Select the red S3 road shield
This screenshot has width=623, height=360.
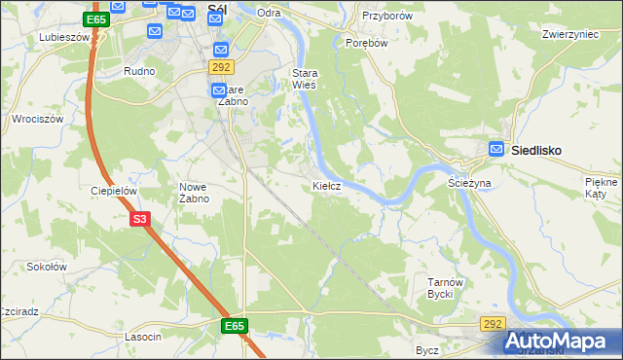(140, 220)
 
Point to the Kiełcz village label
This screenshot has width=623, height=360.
(326, 185)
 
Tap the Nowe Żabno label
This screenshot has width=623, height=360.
(195, 193)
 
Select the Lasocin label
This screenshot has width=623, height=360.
(142, 336)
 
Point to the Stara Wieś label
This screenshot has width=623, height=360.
(306, 79)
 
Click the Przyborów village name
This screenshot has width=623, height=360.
(387, 17)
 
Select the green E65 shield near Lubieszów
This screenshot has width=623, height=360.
(95, 19)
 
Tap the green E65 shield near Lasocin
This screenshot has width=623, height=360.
(234, 326)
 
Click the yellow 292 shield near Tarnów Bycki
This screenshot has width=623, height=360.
(493, 324)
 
